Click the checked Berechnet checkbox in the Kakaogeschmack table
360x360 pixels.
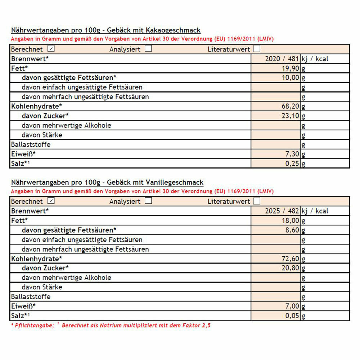pos(51,49)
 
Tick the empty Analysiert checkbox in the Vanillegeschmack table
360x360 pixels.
pos(148,201)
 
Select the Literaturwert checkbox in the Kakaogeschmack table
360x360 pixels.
pos(257,49)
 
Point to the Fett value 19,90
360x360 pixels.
pos(291,68)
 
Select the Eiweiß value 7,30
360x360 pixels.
pos(292,154)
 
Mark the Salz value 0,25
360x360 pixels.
pos(292,163)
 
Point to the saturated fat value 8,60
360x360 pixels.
pos(292,230)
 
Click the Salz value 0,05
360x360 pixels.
pos(292,316)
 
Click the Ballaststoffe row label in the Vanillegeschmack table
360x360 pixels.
pos(31,297)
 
